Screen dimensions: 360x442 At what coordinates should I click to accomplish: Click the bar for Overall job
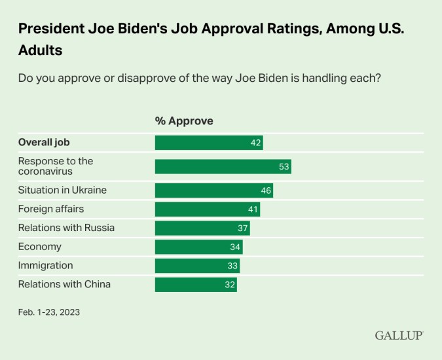208,143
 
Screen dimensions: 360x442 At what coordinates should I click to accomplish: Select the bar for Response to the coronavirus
223,166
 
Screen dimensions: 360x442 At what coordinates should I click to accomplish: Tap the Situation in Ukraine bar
213,190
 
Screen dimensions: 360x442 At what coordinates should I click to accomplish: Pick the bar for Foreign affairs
207,209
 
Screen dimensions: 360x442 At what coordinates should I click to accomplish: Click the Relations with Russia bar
202,228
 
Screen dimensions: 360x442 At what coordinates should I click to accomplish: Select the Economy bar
198,247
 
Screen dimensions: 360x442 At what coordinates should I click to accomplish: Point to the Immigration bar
197,266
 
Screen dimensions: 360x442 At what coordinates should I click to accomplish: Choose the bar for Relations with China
195,285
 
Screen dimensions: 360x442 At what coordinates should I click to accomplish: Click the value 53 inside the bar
284,167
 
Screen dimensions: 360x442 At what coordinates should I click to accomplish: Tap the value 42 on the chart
255,143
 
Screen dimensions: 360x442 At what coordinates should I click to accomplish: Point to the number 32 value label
229,285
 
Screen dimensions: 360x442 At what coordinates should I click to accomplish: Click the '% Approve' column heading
184,121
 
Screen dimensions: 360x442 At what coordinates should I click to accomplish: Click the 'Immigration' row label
45,266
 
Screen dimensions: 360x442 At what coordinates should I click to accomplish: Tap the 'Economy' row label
40,247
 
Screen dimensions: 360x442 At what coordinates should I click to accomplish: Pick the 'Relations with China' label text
64,285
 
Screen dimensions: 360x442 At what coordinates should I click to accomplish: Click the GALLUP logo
399,335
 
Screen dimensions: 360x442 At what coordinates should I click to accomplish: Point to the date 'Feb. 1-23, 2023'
48,312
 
